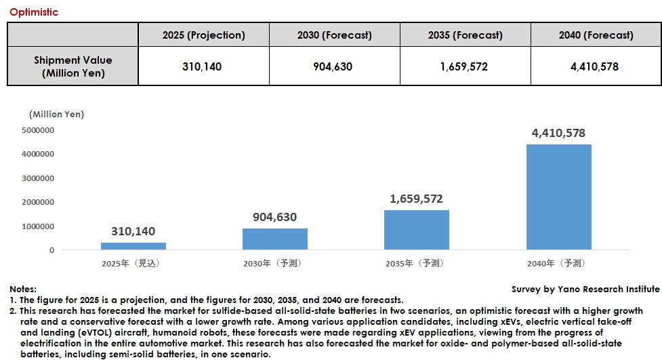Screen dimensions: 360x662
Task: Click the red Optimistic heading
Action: click(34, 12)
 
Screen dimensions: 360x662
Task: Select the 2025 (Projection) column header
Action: click(203, 35)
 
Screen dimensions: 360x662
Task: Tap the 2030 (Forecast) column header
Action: click(334, 35)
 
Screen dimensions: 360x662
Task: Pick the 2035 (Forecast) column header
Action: click(465, 35)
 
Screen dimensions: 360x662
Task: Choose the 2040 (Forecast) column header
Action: click(596, 35)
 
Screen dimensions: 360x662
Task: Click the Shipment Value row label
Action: click(73, 66)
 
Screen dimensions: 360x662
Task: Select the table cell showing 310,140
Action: click(203, 66)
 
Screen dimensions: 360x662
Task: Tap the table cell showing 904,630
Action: click(334, 66)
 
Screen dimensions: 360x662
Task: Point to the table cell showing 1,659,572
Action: click(465, 66)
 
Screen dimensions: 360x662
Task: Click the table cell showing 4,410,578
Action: click(596, 66)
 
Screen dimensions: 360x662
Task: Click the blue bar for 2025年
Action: click(133, 246)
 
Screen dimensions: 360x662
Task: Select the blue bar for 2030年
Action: click(275, 239)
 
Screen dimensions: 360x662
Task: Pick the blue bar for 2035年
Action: click(416, 230)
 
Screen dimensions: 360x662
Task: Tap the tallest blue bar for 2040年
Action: click(558, 197)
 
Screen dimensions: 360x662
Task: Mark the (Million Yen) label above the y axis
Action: click(56, 115)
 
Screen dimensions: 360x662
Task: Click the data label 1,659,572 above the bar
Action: click(416, 199)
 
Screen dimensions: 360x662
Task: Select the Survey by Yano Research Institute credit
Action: click(585, 289)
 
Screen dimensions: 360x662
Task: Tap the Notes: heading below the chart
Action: click(23, 289)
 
